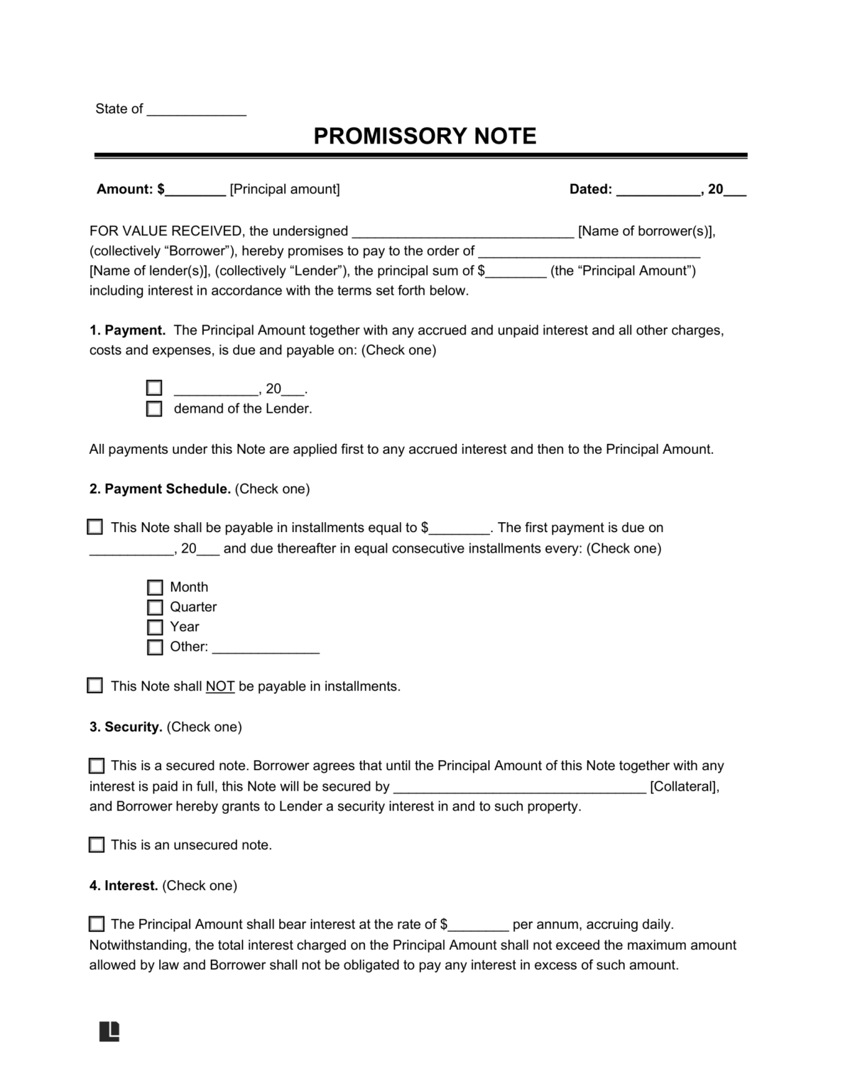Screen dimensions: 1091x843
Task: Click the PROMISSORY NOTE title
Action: pos(425,136)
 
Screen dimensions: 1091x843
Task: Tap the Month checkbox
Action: pos(155,587)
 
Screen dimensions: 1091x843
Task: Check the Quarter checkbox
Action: pos(155,607)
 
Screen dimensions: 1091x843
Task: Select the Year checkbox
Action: pos(155,627)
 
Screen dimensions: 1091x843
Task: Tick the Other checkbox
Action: pos(155,647)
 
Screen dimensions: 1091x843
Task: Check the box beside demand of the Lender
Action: pos(154,409)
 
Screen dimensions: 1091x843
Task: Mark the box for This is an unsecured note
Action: pos(97,845)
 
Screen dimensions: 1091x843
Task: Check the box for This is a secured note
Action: pos(97,766)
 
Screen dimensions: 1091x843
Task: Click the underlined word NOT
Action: pos(220,687)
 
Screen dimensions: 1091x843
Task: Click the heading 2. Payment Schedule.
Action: pos(168,489)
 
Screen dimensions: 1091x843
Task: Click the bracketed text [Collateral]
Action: pos(684,787)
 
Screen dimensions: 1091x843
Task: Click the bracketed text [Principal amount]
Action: pos(285,190)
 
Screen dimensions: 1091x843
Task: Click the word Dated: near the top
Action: pos(591,190)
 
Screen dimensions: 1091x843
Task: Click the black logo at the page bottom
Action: pos(109,1031)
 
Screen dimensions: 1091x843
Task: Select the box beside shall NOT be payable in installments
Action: pos(94,685)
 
